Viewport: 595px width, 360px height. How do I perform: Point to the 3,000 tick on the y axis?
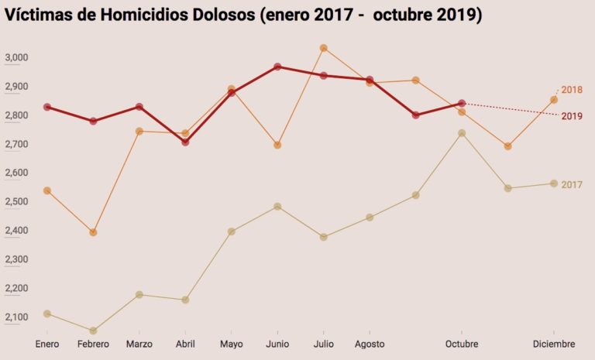pyautogui.click(x=16, y=58)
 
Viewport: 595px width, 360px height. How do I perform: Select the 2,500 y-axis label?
pyautogui.click(x=16, y=202)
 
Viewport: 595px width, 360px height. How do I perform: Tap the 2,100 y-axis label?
pyautogui.click(x=16, y=317)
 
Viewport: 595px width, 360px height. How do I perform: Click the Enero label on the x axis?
pyautogui.click(x=47, y=344)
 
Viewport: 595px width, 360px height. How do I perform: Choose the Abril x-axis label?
pyautogui.click(x=186, y=344)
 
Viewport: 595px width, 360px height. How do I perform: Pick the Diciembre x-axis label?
pyautogui.click(x=553, y=344)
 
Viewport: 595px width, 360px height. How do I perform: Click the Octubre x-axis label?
pyautogui.click(x=462, y=344)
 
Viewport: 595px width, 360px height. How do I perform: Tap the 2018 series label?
pyautogui.click(x=572, y=90)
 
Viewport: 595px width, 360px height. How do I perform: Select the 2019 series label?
pyautogui.click(x=572, y=116)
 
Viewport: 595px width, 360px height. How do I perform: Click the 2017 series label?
pyautogui.click(x=572, y=184)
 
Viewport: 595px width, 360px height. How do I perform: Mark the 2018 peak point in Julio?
pyautogui.click(x=324, y=48)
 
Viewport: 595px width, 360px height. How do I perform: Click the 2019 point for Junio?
pyautogui.click(x=277, y=67)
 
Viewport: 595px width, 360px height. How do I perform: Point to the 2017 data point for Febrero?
pyautogui.click(x=94, y=331)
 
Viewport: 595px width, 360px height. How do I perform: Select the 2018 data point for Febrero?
pyautogui.click(x=94, y=232)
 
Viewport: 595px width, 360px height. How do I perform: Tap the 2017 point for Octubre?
pyautogui.click(x=462, y=133)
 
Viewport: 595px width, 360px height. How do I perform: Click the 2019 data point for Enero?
pyautogui.click(x=47, y=107)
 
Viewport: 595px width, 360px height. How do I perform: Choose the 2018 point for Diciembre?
pyautogui.click(x=553, y=99)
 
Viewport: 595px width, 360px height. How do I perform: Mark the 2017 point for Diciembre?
pyautogui.click(x=553, y=183)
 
